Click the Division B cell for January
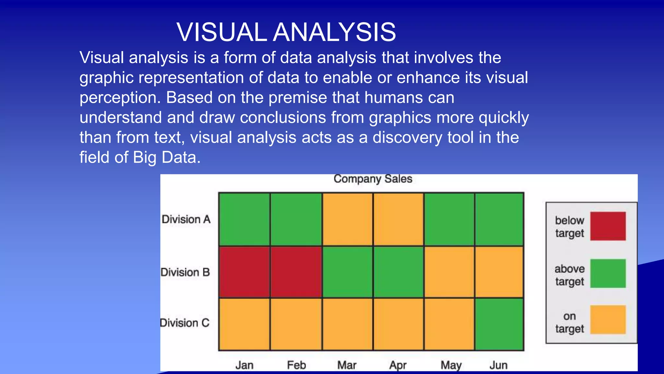(x=244, y=272)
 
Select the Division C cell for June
(x=499, y=324)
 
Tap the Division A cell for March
(x=347, y=219)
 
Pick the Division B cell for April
(x=398, y=272)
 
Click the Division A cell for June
(x=499, y=219)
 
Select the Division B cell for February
(x=296, y=272)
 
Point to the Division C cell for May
(x=449, y=324)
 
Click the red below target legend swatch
(x=608, y=226)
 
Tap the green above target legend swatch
(x=608, y=273)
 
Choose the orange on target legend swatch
(x=608, y=319)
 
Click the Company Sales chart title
(x=373, y=179)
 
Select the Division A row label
(x=186, y=219)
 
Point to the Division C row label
(x=185, y=323)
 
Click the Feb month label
(x=296, y=365)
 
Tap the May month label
(x=451, y=365)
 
